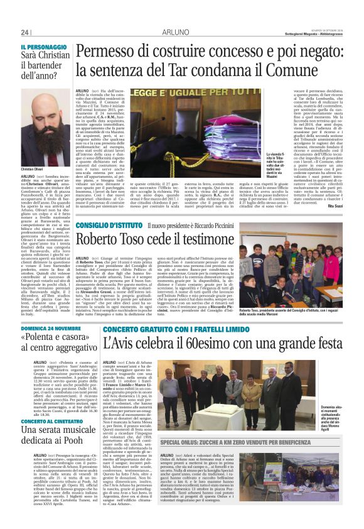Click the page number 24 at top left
click(25, 33)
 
